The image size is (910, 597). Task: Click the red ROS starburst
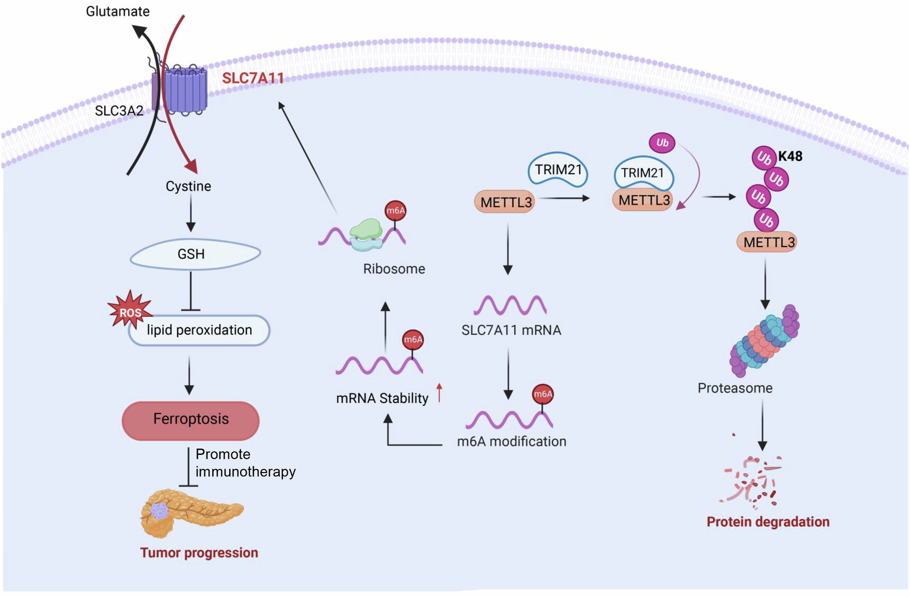130,311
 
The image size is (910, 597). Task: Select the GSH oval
195,254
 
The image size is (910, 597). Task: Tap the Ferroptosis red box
191,420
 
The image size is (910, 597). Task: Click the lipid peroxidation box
199,331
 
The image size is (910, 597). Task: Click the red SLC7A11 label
253,78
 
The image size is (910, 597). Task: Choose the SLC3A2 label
119,110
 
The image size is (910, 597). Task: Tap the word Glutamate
118,11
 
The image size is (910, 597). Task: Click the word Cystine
188,186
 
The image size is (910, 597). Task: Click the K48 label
790,156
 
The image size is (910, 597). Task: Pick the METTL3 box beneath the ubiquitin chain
767,242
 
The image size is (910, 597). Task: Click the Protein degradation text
768,522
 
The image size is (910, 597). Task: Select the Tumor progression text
199,553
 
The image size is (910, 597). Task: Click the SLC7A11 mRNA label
511,330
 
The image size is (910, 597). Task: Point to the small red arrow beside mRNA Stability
439,393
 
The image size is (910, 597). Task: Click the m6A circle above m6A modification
543,394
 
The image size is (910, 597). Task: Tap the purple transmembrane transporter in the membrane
182,90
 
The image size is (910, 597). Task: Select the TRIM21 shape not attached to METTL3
558,170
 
